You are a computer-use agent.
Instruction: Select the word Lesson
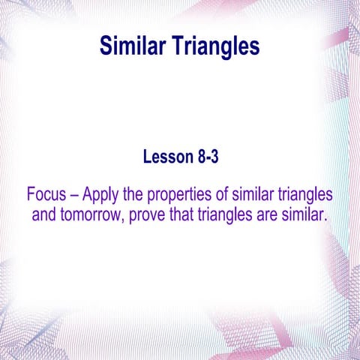pos(167,157)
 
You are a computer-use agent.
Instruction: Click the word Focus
pos(47,195)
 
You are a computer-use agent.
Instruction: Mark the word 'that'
pos(191,216)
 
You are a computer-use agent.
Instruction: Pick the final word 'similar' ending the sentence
pos(309,216)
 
